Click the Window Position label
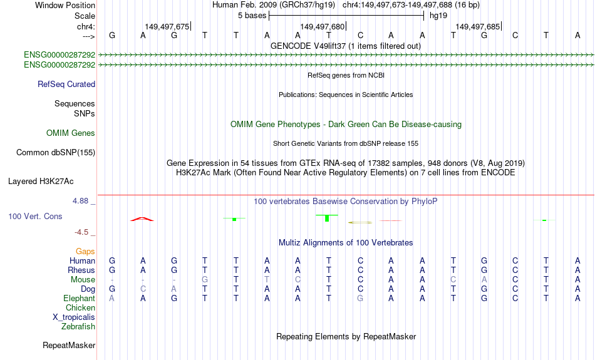(x=65, y=5)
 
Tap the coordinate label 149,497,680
(x=322, y=26)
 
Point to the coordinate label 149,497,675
(x=167, y=26)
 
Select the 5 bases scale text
(x=252, y=16)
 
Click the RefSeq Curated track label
(x=66, y=85)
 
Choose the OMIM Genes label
(x=71, y=133)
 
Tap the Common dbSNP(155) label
(x=56, y=153)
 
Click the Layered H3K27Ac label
(x=41, y=182)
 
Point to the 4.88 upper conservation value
(x=80, y=201)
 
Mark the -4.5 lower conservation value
(x=81, y=232)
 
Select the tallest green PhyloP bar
(x=327, y=218)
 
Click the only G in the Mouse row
(x=205, y=280)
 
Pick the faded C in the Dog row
(x=143, y=289)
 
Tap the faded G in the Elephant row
(x=360, y=299)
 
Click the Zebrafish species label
(x=78, y=327)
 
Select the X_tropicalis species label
(x=74, y=317)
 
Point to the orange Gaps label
(x=85, y=252)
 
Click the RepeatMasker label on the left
(x=69, y=345)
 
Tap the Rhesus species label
(x=81, y=270)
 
